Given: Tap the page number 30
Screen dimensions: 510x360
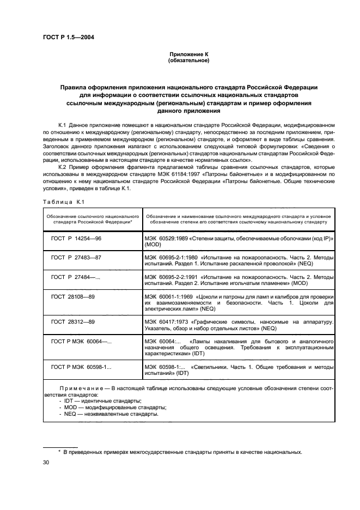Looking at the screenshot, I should [46, 463].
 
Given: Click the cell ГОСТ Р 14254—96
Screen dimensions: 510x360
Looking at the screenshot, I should [76, 239].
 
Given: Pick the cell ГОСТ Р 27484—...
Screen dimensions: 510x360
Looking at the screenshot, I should [76, 277].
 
